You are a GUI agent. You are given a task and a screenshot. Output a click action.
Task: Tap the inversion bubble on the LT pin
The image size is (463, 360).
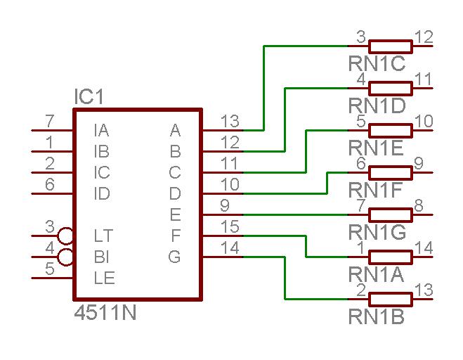(67, 236)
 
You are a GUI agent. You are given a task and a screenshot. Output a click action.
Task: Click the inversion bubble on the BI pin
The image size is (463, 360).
(67, 257)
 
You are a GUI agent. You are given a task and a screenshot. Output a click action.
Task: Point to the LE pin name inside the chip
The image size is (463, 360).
(103, 278)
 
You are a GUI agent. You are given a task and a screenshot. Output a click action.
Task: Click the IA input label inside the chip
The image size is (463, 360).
(101, 130)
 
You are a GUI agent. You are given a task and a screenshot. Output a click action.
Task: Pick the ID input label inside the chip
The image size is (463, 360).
(102, 193)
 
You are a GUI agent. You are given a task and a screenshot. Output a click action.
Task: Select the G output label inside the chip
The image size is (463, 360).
(174, 257)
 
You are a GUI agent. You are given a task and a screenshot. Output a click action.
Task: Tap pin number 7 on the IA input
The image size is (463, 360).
(49, 122)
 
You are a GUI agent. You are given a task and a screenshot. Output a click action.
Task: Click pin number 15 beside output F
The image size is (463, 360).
(229, 227)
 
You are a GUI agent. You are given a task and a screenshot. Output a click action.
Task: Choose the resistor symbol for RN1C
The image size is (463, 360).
(390, 46)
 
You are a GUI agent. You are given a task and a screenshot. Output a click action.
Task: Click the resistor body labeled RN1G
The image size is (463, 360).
(390, 214)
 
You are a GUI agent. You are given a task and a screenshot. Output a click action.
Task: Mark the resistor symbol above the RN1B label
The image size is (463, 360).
(390, 299)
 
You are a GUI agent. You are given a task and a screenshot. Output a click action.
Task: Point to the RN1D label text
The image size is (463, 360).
(377, 105)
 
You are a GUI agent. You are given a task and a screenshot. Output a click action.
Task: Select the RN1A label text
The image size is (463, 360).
(377, 274)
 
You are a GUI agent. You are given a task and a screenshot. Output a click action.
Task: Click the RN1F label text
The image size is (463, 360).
(377, 190)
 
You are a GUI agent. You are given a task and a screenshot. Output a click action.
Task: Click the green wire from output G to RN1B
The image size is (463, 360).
(285, 278)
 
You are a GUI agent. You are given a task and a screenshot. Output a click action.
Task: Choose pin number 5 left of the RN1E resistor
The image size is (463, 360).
(360, 121)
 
